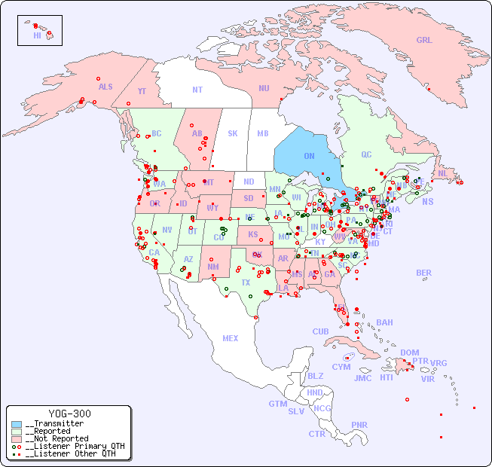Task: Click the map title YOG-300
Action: point(69,414)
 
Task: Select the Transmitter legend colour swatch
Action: point(17,424)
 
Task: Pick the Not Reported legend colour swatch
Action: point(17,438)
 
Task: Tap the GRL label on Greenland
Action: point(424,41)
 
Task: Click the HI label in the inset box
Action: point(37,35)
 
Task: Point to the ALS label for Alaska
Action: point(105,87)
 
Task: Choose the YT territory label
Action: point(142,91)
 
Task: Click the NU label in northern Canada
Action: point(264,88)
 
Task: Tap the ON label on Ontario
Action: point(309,156)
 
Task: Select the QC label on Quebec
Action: point(366,154)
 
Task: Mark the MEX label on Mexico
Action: point(231,338)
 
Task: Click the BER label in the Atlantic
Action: point(424,273)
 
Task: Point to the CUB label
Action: point(321,331)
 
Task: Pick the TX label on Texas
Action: point(246,282)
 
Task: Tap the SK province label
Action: point(233,133)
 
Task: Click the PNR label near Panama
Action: point(359,425)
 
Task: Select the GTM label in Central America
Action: point(278,404)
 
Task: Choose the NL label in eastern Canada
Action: point(443,172)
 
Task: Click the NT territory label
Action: point(197,89)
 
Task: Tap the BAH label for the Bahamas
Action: point(384,322)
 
